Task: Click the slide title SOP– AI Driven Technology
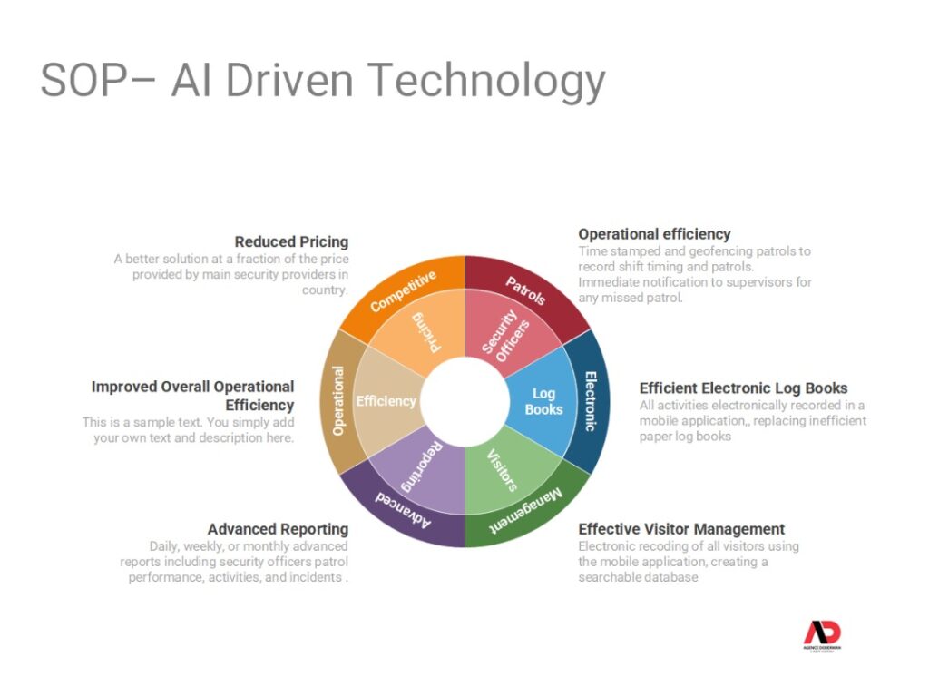(323, 81)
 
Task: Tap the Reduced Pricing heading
(291, 241)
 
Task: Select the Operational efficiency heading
(654, 234)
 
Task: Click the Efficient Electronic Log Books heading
(743, 388)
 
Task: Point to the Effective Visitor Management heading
(681, 529)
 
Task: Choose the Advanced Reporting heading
(278, 529)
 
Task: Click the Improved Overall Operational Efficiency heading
(193, 396)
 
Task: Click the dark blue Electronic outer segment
(591, 401)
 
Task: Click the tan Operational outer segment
(338, 401)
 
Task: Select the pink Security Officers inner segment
(504, 334)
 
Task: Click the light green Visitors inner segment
(504, 469)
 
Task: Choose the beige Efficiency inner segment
(386, 401)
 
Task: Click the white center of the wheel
(465, 401)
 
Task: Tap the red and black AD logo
(822, 634)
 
